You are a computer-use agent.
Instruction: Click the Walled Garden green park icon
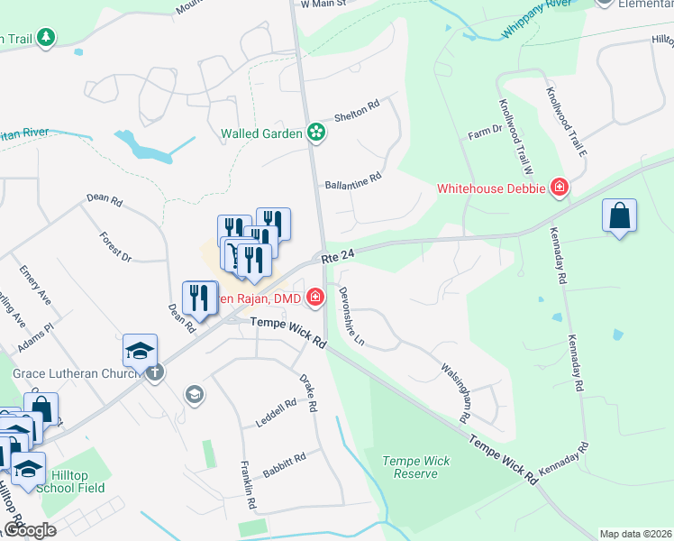[x=316, y=133]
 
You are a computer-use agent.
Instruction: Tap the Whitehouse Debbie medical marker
[x=559, y=188]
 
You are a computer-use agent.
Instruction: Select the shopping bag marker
[x=619, y=216]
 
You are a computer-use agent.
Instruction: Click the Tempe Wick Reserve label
[x=416, y=467]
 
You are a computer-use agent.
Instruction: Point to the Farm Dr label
[x=485, y=132]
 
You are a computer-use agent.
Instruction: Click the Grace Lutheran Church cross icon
[x=155, y=371]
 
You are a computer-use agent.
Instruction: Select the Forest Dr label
[x=115, y=246]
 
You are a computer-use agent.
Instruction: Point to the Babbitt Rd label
[x=284, y=465]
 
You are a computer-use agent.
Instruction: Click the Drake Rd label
[x=307, y=393]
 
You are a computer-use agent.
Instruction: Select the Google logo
[x=30, y=530]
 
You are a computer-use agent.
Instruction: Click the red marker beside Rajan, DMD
[x=315, y=296]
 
